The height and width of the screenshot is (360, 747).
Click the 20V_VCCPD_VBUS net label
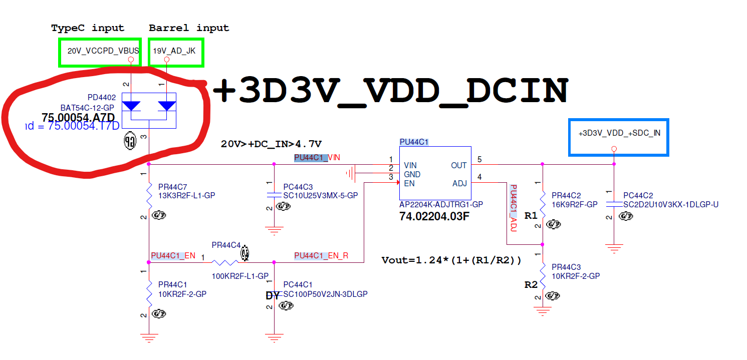(103, 51)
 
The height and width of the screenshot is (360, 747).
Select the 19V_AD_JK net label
(170, 51)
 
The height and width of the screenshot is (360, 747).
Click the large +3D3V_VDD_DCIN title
(391, 92)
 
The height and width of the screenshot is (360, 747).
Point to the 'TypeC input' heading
(88, 28)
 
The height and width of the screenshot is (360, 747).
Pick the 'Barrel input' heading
(189, 28)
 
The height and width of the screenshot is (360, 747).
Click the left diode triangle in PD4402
(131, 106)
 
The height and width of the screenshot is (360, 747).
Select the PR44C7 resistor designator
(171, 187)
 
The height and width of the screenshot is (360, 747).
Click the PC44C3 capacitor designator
(298, 187)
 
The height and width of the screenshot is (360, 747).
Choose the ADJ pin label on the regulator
(459, 183)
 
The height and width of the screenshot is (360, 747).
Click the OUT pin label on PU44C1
(458, 165)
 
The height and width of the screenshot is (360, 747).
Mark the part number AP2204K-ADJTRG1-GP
(441, 204)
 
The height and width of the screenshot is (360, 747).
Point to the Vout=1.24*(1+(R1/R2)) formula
(451, 260)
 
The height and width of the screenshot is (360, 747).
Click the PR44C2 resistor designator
(566, 195)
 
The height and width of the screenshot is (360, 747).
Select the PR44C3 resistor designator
(566, 267)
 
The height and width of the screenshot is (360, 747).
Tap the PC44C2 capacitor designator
(638, 195)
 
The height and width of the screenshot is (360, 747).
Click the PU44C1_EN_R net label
(321, 256)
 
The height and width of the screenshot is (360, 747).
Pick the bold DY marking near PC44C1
(273, 296)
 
